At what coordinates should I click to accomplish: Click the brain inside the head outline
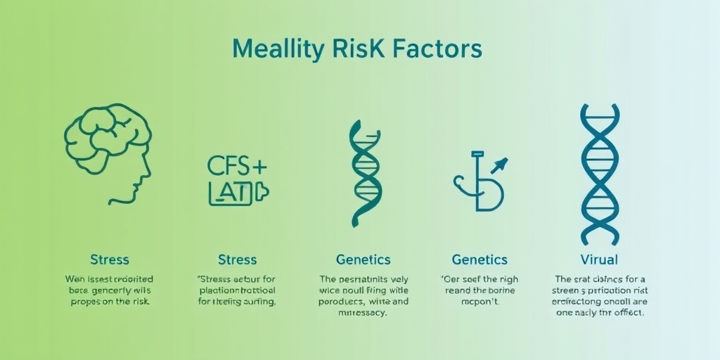click(105, 134)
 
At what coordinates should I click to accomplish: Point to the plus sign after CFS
click(259, 166)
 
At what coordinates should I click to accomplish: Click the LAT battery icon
click(238, 191)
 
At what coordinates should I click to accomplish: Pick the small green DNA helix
click(366, 173)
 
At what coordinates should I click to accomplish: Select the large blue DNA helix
click(599, 174)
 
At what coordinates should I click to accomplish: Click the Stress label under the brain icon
click(109, 260)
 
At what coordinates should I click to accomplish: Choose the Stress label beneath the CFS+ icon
click(237, 260)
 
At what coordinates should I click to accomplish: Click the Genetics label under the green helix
click(364, 260)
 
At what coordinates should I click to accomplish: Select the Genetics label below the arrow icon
click(480, 260)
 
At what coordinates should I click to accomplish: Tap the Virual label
click(599, 260)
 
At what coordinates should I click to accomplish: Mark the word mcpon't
click(480, 301)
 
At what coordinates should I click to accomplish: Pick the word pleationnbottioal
click(236, 290)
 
